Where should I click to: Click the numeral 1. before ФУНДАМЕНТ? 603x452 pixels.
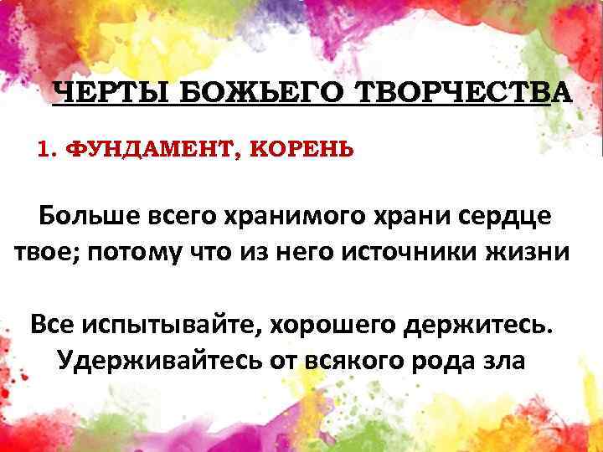click(x=47, y=151)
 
